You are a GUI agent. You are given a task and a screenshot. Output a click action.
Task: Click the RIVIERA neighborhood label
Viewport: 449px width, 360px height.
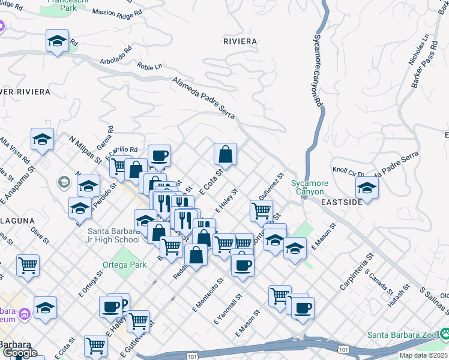coord(240,41)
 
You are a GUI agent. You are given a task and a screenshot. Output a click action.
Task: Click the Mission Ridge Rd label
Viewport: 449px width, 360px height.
coord(118,12)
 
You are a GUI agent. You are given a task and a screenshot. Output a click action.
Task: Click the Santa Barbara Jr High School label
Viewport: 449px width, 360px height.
coord(113,235)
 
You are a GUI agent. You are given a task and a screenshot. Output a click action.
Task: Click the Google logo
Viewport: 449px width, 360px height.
coord(19,353)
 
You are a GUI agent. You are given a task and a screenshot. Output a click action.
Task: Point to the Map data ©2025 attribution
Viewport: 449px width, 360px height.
coord(423,355)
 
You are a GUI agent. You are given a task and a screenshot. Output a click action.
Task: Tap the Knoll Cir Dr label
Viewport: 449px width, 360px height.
coord(349,170)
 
